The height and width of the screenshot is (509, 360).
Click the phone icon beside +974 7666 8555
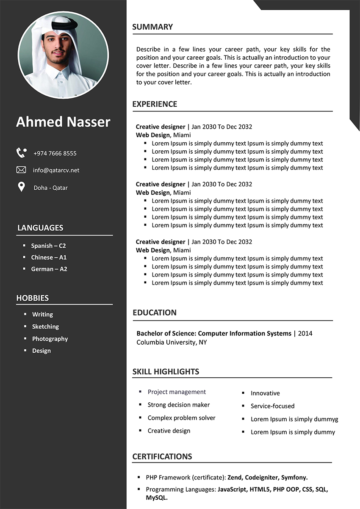[21, 153]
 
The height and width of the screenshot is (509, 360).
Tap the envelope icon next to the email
[21, 170]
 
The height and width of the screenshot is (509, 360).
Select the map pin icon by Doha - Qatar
[21, 187]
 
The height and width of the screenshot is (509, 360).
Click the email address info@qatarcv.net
[56, 170]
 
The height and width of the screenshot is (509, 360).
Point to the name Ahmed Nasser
[63, 122]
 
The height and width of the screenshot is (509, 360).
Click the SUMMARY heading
[152, 27]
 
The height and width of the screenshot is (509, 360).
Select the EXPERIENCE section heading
[155, 104]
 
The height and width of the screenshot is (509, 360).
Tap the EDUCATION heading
[155, 313]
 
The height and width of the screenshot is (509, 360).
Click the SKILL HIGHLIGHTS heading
[166, 372]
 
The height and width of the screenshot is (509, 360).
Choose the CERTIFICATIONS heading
[162, 456]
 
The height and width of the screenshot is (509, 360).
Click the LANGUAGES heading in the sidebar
[40, 228]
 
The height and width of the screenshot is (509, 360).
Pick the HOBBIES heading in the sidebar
[33, 298]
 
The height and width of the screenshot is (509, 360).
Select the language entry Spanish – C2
[48, 246]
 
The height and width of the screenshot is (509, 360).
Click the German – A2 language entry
[49, 269]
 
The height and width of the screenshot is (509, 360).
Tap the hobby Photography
[50, 339]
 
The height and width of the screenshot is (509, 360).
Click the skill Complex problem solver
[181, 418]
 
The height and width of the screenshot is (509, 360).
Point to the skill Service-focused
[272, 406]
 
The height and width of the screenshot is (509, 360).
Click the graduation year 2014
[305, 334]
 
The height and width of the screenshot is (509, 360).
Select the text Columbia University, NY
[172, 342]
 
